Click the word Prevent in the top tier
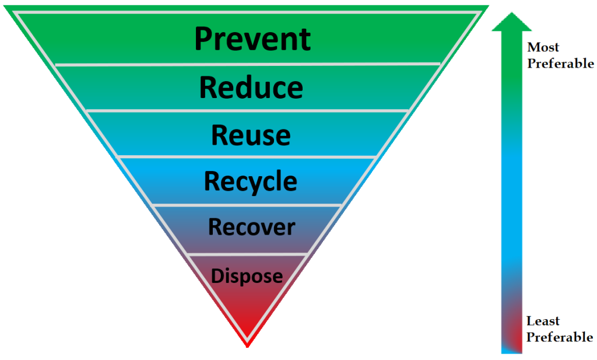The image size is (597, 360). coord(252,39)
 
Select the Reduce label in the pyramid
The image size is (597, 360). coord(251,88)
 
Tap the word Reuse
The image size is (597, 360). coord(251,135)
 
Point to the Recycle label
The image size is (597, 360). coord(251,181)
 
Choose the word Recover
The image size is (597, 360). coord(251,227)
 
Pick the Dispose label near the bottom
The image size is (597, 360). coord(247,275)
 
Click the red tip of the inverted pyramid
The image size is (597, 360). coord(248,333)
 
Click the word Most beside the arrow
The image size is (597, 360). coord(543,47)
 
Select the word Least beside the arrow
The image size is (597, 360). coord(543,321)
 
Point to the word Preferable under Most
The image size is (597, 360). coord(560,64)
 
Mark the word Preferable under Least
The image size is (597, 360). coord(560,337)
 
